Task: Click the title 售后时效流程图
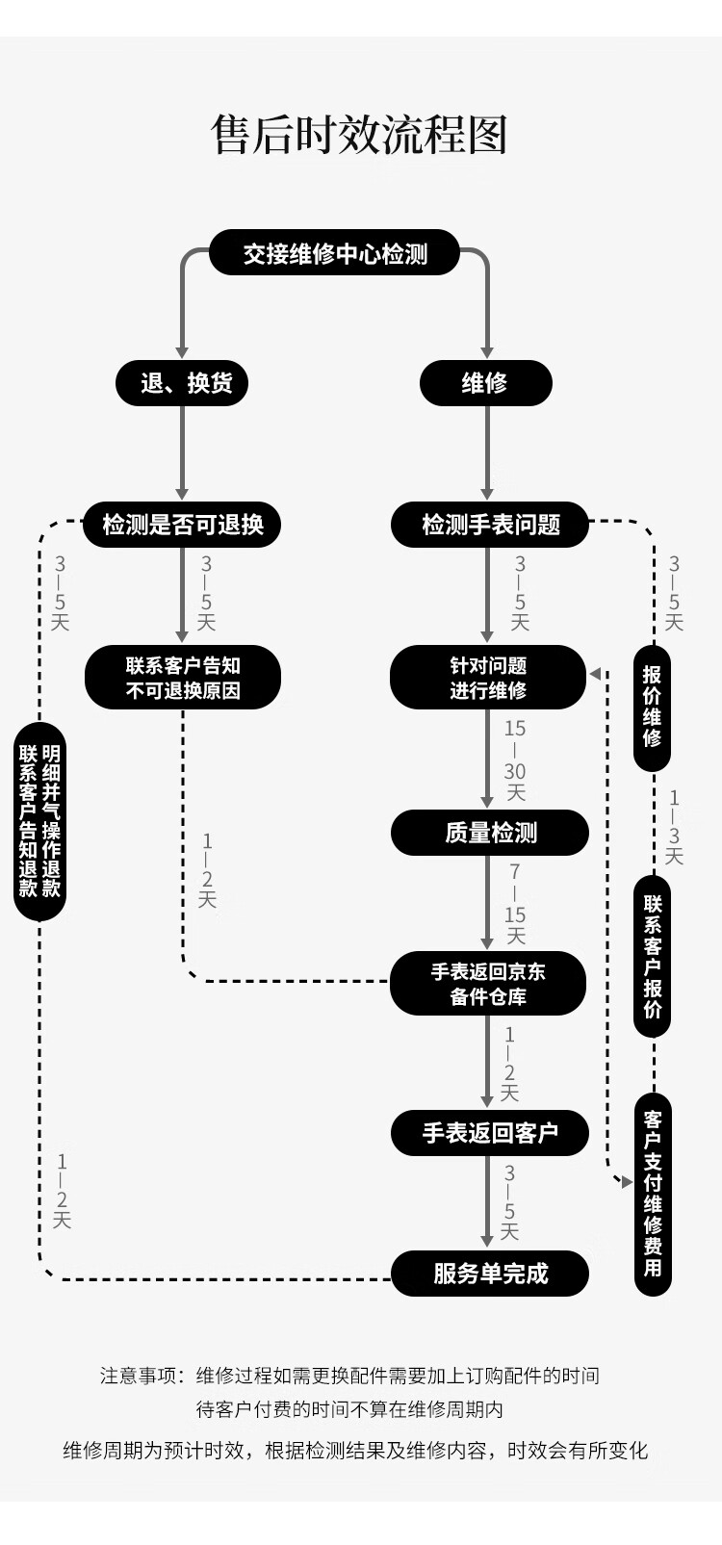pos(359,136)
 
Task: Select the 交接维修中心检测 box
pos(335,253)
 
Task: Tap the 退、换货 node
pos(182,383)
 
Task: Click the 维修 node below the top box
pos(485,383)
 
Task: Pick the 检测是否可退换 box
pos(182,525)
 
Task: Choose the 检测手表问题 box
pos(490,525)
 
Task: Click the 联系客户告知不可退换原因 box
pos(183,678)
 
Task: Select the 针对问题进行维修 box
pos(488,678)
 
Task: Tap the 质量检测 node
pos(490,833)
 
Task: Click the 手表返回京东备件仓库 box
pos(488,984)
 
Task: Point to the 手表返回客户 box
pos(490,1133)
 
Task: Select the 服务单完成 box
pos(490,1274)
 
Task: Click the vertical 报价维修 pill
pos(653,708)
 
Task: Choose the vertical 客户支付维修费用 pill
pos(653,1194)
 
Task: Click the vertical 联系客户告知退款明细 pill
pos(39,821)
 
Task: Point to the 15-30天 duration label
pos(515,760)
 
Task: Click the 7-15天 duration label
pos(515,904)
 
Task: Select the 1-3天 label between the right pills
pos(674,826)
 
